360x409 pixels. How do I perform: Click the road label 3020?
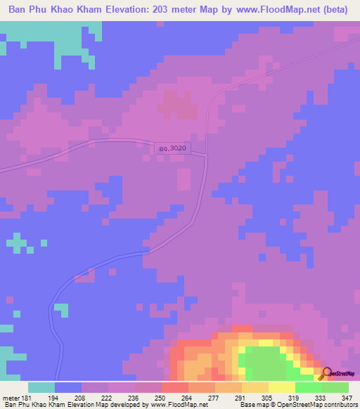(x=173, y=149)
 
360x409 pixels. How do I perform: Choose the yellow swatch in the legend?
(x=282, y=387)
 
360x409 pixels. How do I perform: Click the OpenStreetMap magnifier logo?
(x=326, y=372)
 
